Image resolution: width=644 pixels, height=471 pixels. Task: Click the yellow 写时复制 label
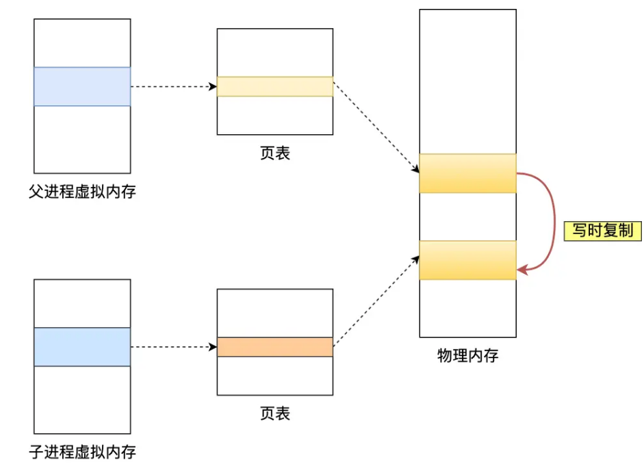[x=602, y=231]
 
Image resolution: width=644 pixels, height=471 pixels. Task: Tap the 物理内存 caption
[x=467, y=356]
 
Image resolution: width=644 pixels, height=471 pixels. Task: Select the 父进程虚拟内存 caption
[x=82, y=192]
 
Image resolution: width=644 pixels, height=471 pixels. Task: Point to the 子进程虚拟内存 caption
[x=82, y=452]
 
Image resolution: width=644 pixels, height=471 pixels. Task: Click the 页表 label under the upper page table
[x=275, y=153]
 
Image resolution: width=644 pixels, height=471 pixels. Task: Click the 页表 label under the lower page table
[x=275, y=413]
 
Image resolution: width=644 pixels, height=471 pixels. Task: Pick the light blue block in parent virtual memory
[x=82, y=86]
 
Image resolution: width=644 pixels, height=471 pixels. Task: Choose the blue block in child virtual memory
[x=82, y=346]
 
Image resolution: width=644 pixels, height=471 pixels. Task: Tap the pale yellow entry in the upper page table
[x=275, y=86]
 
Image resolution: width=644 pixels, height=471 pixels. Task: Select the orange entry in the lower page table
[x=275, y=347]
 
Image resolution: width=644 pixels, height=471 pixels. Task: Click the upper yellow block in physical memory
[x=467, y=173]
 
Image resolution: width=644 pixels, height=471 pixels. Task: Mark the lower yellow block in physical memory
[x=467, y=260]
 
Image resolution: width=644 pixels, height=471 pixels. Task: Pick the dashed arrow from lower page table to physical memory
[x=376, y=301]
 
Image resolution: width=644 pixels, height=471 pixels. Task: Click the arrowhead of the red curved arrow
[x=521, y=270]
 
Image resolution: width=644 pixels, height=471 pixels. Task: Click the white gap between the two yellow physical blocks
[x=467, y=216]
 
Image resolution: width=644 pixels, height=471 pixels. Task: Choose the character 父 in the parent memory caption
[x=36, y=192]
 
